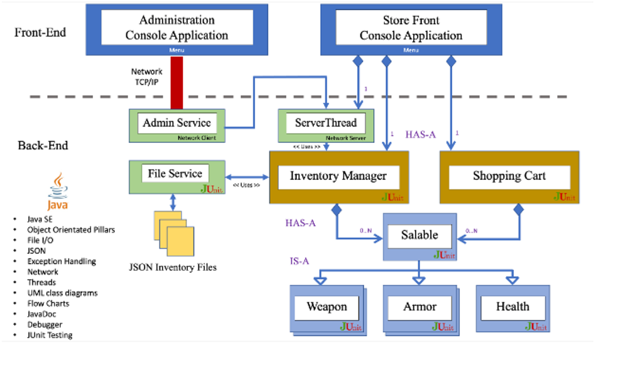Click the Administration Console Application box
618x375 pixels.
(x=176, y=28)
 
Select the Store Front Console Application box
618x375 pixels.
(x=411, y=28)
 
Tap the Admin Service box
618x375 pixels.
(x=176, y=123)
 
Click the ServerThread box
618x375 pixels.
(x=325, y=123)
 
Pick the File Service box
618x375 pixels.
(x=175, y=174)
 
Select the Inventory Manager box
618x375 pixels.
(x=338, y=176)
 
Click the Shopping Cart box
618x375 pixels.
(x=509, y=176)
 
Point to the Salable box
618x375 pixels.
(x=420, y=236)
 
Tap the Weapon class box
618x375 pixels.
(x=327, y=307)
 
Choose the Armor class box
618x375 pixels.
(x=420, y=307)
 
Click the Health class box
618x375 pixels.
(x=512, y=307)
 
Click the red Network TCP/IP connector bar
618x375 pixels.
(x=176, y=82)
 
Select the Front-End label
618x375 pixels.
(x=40, y=32)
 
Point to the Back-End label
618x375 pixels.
(x=43, y=146)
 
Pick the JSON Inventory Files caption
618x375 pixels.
(x=172, y=267)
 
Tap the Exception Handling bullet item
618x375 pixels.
(x=61, y=261)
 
